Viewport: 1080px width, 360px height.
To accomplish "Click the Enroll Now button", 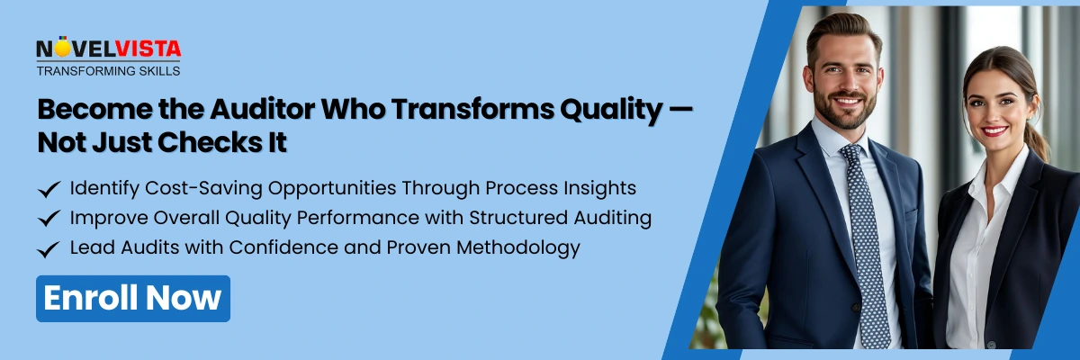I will pyautogui.click(x=132, y=299).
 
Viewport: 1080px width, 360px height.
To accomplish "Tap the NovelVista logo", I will pyautogui.click(x=108, y=49).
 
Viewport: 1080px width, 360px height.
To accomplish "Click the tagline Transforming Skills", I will pyautogui.click(x=108, y=70).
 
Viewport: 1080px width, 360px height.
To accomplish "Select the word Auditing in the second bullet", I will pyautogui.click(x=609, y=218).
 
